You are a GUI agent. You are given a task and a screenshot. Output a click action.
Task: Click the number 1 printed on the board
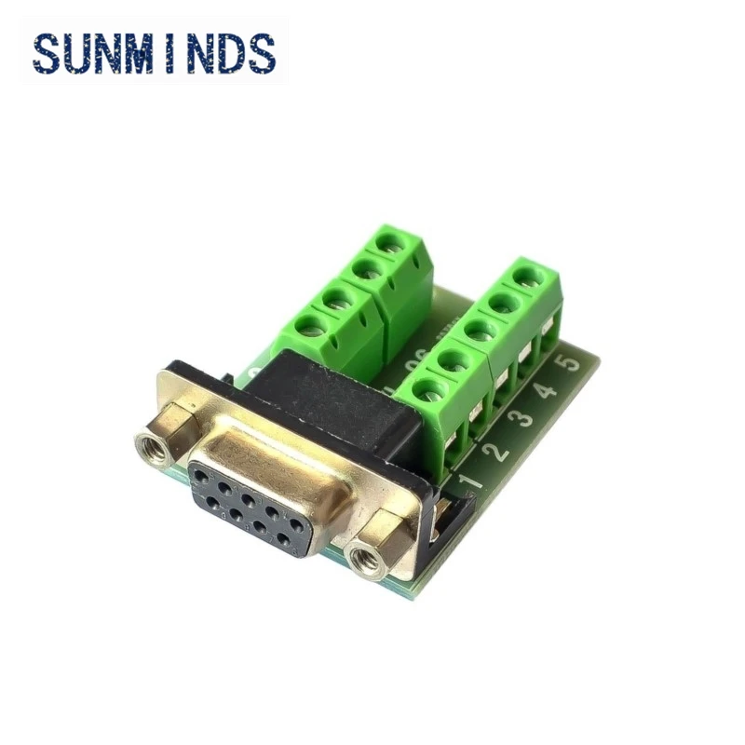[x=471, y=481]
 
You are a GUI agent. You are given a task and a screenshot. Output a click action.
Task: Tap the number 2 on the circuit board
[x=498, y=452]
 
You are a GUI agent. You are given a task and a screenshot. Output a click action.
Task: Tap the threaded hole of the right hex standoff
[x=359, y=557]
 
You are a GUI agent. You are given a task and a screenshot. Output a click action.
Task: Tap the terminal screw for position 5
[x=530, y=276]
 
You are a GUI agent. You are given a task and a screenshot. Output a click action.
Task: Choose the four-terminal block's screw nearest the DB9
[x=312, y=326]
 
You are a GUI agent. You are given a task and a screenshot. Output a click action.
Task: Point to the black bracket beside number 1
[x=448, y=521]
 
